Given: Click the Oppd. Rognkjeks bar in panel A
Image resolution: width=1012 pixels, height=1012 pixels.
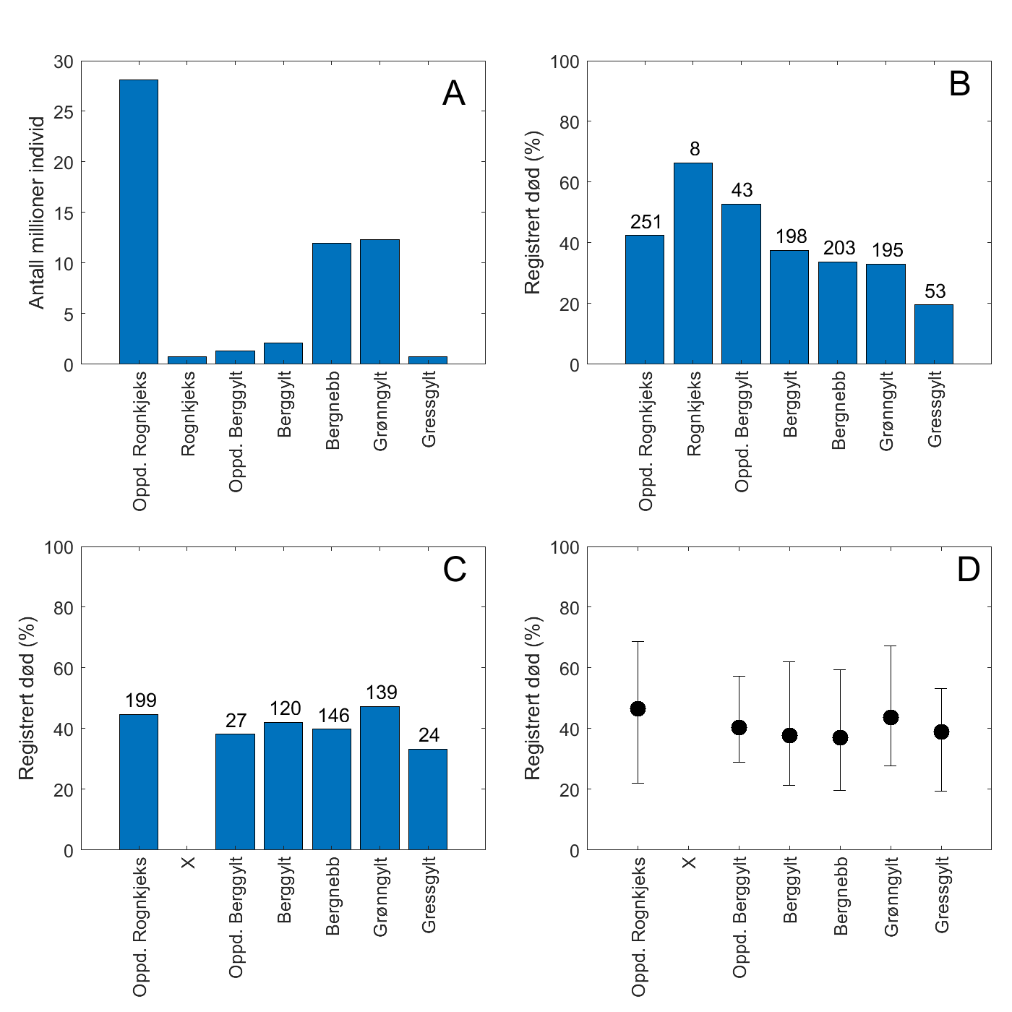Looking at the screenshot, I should click(139, 222).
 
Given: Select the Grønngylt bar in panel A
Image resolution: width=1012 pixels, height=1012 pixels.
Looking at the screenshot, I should click(379, 301).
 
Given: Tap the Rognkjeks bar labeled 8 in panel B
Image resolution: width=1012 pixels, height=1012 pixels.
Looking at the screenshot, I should click(693, 263).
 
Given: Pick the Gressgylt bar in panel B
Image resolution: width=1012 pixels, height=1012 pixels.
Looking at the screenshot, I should click(934, 334).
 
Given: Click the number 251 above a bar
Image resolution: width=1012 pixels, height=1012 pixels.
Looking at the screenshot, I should click(646, 222).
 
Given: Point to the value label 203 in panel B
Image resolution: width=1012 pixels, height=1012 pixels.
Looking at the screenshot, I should click(839, 249).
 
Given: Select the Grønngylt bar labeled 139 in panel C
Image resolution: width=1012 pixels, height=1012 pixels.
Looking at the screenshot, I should click(379, 778).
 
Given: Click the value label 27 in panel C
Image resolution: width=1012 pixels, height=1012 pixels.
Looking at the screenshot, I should click(236, 721).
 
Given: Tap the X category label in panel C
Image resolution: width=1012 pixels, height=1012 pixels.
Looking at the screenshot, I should click(188, 862).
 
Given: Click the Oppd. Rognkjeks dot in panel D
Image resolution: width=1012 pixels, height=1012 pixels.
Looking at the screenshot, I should click(638, 708).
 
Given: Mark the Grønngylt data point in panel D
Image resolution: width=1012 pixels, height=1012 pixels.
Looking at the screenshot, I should click(891, 717).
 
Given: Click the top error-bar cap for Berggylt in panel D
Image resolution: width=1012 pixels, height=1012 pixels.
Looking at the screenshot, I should click(789, 661).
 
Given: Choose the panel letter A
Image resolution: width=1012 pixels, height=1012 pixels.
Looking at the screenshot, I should click(454, 93).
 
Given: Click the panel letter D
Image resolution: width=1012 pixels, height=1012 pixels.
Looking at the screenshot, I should click(968, 570).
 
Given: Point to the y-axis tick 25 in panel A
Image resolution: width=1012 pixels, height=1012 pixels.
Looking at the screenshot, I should click(64, 112).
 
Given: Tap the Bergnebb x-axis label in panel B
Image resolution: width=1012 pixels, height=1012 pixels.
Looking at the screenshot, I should click(839, 411).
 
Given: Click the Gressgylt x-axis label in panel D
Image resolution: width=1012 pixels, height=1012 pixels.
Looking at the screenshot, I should click(941, 895).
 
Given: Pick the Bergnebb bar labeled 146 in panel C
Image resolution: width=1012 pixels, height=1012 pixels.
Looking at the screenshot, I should click(332, 789).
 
